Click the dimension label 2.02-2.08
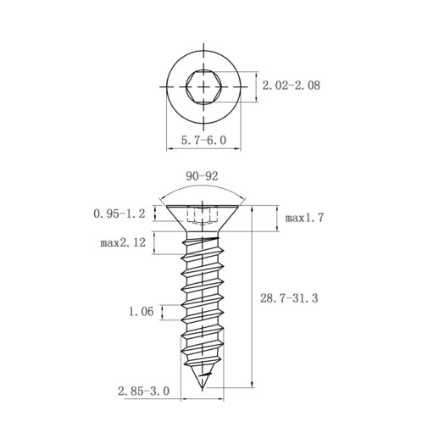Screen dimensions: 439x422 [292, 86]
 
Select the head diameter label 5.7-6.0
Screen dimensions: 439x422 [203, 140]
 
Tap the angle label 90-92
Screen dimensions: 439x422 [202, 176]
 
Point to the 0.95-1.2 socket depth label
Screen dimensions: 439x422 [119, 214]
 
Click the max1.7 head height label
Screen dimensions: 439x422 [304, 218]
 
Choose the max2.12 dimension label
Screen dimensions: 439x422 [123, 242]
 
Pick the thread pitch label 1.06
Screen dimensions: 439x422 [141, 312]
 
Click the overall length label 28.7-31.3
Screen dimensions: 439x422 [289, 298]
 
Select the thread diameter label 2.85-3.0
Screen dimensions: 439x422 [144, 391]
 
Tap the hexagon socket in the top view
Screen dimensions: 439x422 [203, 86]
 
